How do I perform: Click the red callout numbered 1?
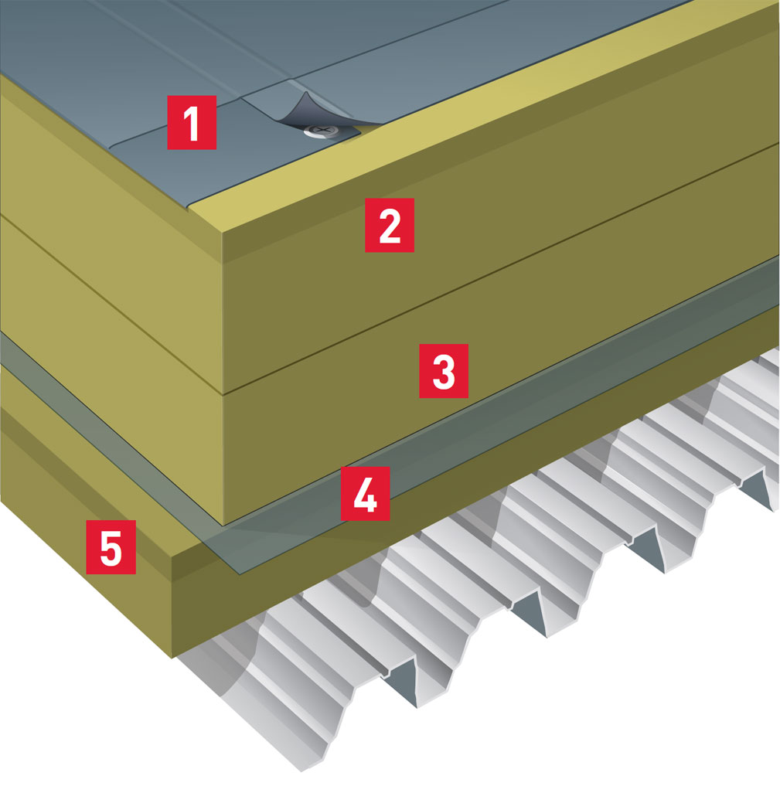(x=192, y=122)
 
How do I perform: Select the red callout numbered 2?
(x=390, y=225)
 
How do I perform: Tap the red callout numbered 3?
(x=444, y=371)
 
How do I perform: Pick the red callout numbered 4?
(x=365, y=494)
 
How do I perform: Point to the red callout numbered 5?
(x=111, y=547)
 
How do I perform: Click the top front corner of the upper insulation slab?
(x=223, y=233)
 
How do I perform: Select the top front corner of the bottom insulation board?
(x=172, y=557)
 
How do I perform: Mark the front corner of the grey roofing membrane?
(x=188, y=209)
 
